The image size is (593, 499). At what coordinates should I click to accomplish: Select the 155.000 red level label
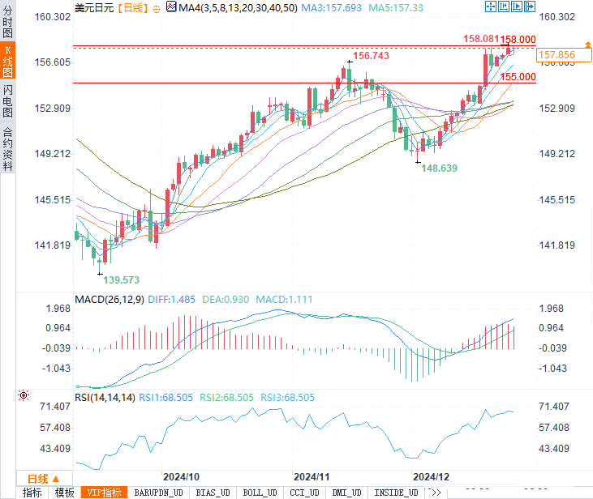point(518,77)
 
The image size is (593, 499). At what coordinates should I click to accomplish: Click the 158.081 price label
point(480,39)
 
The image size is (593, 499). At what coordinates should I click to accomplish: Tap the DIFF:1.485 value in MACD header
point(171,300)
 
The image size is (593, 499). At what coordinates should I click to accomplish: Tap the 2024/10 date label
point(181,476)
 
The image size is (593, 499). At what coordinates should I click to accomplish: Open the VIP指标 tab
point(104,493)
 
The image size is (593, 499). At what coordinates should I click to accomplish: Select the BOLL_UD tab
point(260,493)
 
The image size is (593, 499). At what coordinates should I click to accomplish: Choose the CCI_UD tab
point(305,493)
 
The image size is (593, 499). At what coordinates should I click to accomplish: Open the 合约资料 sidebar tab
point(7,149)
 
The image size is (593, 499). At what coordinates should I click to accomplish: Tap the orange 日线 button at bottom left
point(38,478)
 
